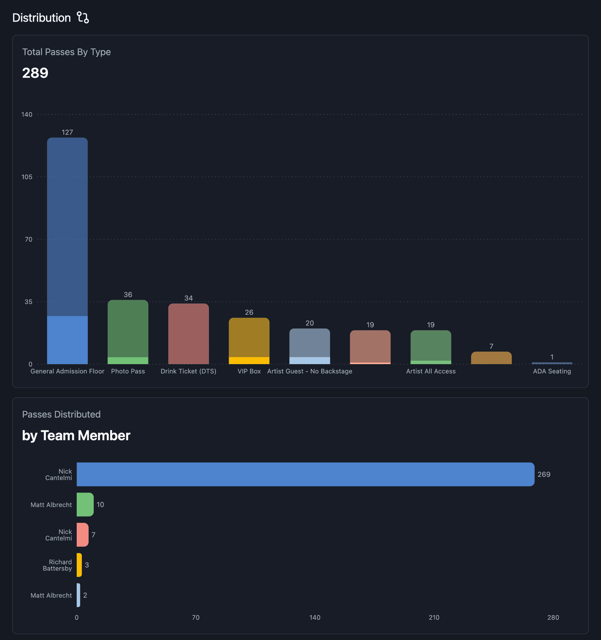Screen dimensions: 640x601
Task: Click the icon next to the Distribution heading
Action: click(x=83, y=18)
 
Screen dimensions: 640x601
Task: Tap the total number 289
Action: click(x=35, y=73)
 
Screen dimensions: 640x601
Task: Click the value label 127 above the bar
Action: click(x=67, y=132)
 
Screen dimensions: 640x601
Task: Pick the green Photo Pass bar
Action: click(x=128, y=332)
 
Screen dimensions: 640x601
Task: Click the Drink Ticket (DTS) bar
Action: click(x=188, y=333)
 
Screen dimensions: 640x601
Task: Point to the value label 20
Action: click(x=310, y=323)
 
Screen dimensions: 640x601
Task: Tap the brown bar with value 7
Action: click(x=491, y=358)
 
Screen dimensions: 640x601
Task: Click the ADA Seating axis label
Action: click(x=552, y=371)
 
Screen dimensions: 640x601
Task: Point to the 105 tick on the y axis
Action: click(x=27, y=177)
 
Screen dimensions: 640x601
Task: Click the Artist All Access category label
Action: click(x=431, y=371)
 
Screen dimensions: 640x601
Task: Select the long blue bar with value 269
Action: click(x=305, y=474)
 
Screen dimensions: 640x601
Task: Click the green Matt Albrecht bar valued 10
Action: click(x=85, y=505)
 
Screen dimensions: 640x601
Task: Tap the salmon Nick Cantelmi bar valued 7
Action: click(x=82, y=535)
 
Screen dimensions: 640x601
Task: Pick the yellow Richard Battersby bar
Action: click(x=79, y=565)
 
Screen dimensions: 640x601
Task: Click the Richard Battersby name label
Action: click(x=58, y=565)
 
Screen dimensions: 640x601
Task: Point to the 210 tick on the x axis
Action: click(x=434, y=617)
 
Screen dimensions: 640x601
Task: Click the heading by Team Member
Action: click(x=76, y=435)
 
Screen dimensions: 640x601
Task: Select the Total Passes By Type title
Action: click(x=66, y=52)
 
